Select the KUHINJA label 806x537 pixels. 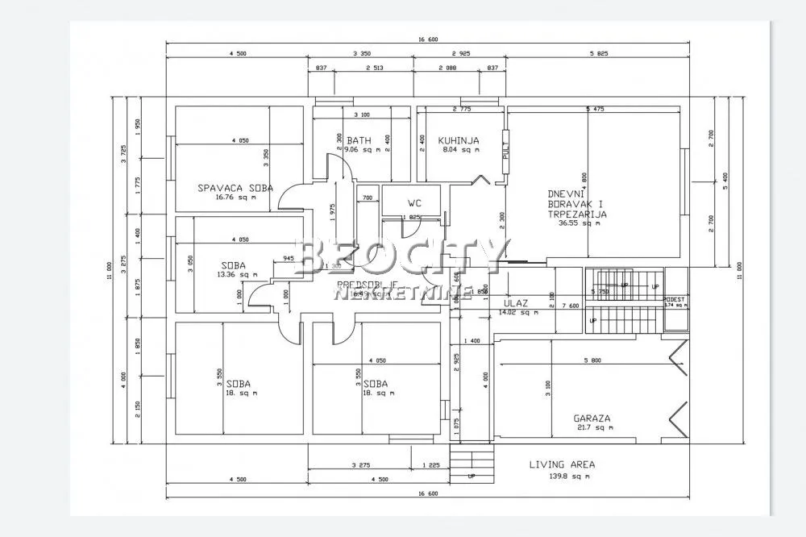tap(459, 140)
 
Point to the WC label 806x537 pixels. tap(414, 203)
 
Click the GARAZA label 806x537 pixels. tap(592, 418)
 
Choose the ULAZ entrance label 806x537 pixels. tap(515, 304)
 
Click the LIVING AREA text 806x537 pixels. tap(562, 464)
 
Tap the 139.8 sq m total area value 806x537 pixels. tap(562, 477)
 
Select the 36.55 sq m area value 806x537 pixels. tap(580, 224)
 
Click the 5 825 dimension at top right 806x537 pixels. tap(596, 55)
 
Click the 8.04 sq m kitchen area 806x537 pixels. tap(459, 149)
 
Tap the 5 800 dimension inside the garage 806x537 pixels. tap(592, 360)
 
